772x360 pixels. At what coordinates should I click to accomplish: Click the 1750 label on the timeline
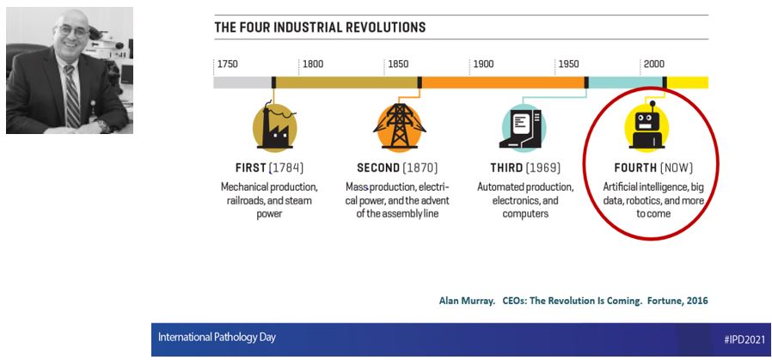pos(228,64)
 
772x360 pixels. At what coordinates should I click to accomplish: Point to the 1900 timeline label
pos(483,64)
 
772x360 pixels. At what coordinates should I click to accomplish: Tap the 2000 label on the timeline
pos(654,64)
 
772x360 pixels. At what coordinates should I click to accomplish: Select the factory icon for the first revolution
pos(275,126)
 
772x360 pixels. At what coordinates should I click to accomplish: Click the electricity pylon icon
pos(399,126)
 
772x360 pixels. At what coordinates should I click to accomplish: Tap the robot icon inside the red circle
pos(646,126)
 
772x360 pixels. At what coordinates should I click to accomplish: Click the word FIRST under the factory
pos(251,168)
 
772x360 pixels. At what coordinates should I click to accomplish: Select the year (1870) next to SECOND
pos(420,168)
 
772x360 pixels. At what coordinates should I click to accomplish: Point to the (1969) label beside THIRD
pos(543,168)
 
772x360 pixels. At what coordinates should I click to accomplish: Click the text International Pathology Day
pos(217,338)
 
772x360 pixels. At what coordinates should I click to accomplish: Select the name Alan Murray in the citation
pos(467,301)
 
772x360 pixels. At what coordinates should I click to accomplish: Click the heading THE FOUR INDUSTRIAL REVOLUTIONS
pos(320,27)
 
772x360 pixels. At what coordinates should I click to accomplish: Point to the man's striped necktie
pos(71,96)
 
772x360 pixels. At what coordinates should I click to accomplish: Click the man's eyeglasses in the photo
pos(73,31)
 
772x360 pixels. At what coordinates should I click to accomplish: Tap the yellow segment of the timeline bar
pos(688,82)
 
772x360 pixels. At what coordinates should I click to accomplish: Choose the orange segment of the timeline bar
pos(503,82)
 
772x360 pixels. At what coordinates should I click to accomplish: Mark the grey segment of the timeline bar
pos(242,82)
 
